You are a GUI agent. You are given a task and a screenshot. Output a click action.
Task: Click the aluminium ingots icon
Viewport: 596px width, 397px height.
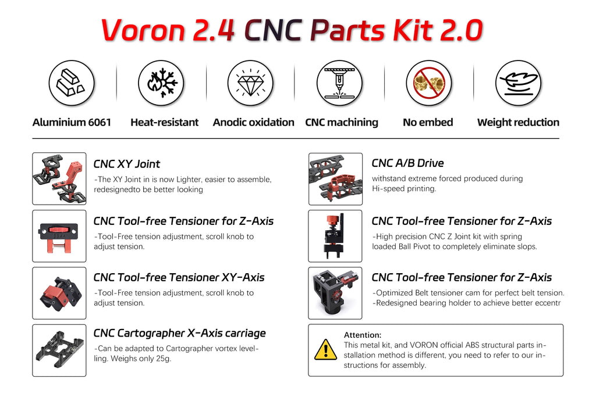[x=72, y=83]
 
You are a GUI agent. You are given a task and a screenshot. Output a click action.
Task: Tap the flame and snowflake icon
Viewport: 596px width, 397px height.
[x=161, y=83]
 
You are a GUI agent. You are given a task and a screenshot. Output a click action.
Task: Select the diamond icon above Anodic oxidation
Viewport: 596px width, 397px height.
[x=250, y=83]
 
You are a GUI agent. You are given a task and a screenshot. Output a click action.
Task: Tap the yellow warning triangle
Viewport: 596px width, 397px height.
[x=325, y=350]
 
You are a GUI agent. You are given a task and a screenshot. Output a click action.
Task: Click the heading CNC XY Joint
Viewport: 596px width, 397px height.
[x=126, y=164]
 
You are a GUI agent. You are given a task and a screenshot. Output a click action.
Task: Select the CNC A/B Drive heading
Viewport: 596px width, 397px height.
[x=407, y=163]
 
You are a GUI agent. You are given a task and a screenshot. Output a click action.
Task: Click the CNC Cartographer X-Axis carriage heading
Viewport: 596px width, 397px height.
[x=179, y=333]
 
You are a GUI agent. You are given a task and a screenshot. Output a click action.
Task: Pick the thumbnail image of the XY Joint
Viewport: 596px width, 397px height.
[x=59, y=178]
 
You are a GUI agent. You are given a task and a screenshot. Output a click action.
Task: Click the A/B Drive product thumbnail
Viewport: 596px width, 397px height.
[x=335, y=178]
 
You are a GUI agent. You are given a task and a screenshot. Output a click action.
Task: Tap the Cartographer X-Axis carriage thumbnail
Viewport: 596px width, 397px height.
[x=59, y=350]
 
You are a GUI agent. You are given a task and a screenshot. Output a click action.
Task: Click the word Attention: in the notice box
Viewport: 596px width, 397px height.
[x=363, y=335]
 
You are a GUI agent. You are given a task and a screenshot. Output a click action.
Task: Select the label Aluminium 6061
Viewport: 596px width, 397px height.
[x=72, y=122]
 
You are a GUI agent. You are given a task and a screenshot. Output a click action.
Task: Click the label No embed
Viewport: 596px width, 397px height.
[x=428, y=122]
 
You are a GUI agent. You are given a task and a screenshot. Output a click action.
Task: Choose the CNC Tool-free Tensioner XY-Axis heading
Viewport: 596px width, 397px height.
[x=179, y=277]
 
